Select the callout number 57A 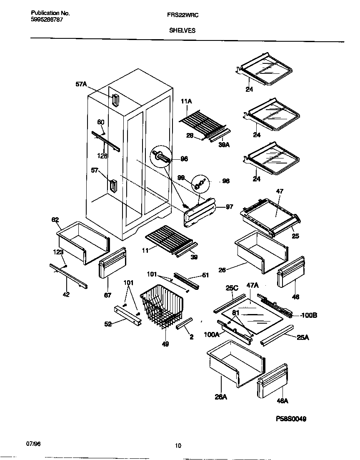point(81,84)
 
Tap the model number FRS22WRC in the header point(180,14)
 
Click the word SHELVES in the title point(182,30)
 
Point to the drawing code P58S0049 point(291,419)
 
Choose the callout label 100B point(308,315)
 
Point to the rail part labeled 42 point(68,276)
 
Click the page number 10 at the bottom point(178,446)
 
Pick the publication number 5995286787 point(47,20)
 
